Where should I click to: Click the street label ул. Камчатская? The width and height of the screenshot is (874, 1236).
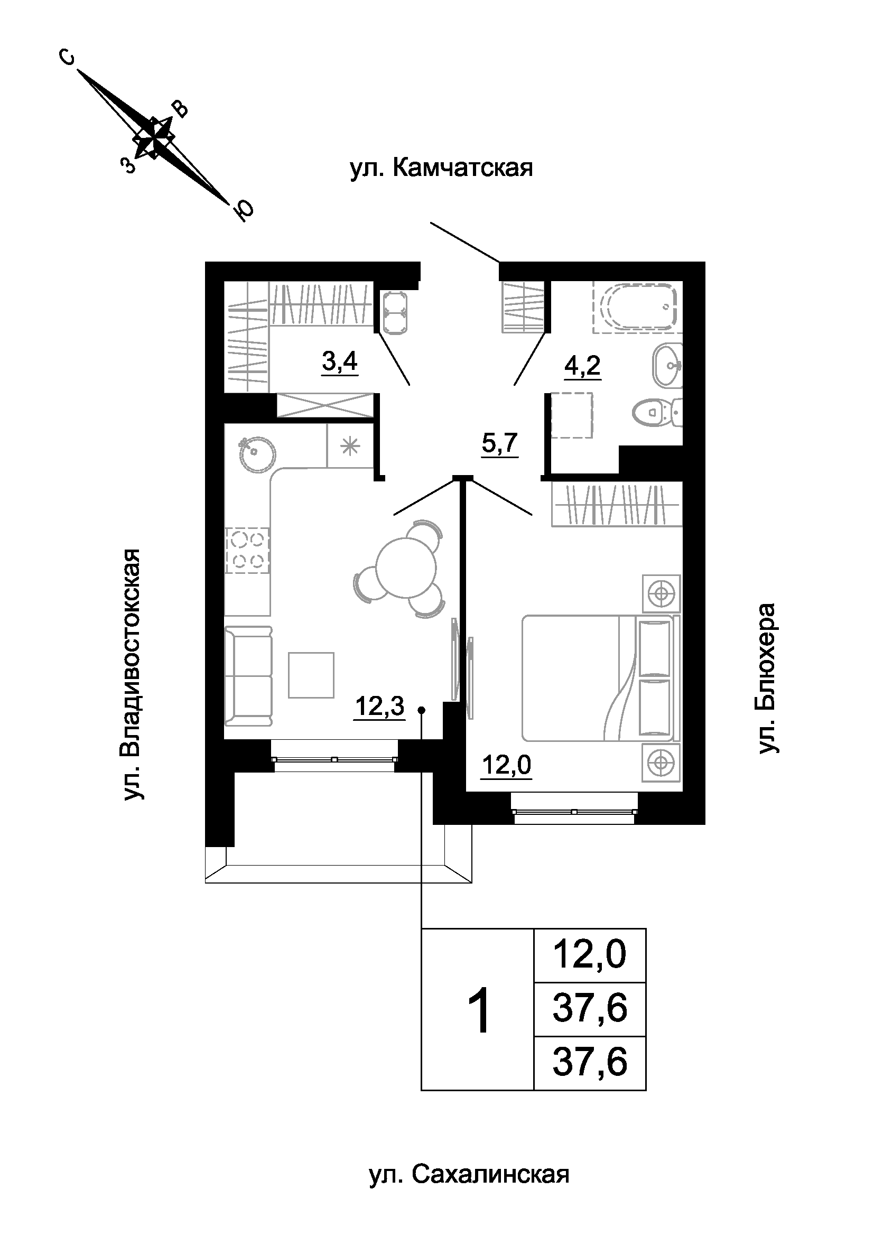(x=441, y=168)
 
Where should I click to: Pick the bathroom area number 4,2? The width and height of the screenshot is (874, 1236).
(x=582, y=367)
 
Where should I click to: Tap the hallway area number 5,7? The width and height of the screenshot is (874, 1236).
(x=500, y=443)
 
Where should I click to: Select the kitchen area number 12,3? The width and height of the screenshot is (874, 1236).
(x=379, y=706)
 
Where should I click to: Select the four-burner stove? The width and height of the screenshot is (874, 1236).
(x=247, y=551)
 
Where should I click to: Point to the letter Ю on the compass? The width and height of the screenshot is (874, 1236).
(x=243, y=211)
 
